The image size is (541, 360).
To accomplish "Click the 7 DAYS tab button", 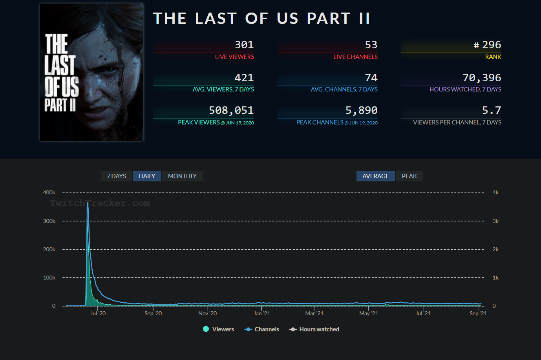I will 116,176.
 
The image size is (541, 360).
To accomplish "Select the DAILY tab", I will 147,176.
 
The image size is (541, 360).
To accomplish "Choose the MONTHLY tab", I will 182,176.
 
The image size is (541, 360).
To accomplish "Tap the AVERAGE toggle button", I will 375,176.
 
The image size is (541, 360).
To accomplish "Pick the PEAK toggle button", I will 409,176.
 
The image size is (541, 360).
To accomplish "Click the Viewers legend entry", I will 219,329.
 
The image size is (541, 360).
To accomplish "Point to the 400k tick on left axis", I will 49,192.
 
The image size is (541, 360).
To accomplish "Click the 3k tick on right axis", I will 495,221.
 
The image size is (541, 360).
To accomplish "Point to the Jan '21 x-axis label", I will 262,313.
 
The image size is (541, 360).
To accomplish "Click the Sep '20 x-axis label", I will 153,313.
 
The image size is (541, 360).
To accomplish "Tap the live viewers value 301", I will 244,45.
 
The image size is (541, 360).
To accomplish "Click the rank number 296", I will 491,45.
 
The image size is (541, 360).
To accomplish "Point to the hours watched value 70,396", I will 482,78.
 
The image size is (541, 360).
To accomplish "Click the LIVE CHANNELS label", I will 355,57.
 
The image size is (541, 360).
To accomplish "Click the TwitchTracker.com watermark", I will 100,203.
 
